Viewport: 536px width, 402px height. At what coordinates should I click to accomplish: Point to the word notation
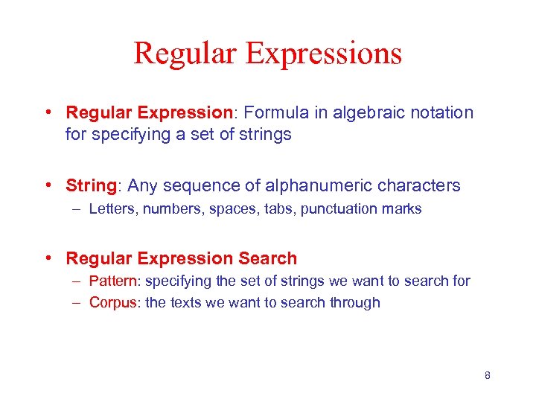point(440,113)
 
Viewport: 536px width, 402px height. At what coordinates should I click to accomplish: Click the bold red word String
point(89,186)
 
